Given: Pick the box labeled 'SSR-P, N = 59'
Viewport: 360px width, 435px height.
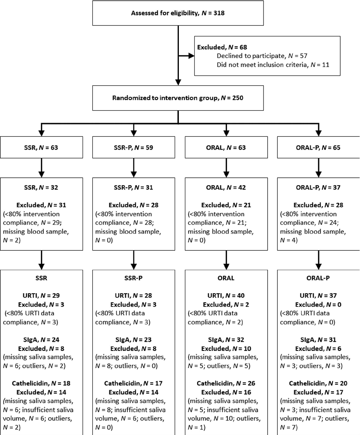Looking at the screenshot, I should [x=133, y=147].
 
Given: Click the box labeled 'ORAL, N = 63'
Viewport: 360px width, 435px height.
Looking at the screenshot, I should [x=226, y=147].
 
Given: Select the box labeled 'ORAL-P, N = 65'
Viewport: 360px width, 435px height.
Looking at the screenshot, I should [x=318, y=147].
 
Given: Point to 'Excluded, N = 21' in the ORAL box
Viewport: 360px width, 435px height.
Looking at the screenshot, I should [x=226, y=205].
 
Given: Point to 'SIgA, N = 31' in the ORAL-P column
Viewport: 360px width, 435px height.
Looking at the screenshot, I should [x=318, y=340].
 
